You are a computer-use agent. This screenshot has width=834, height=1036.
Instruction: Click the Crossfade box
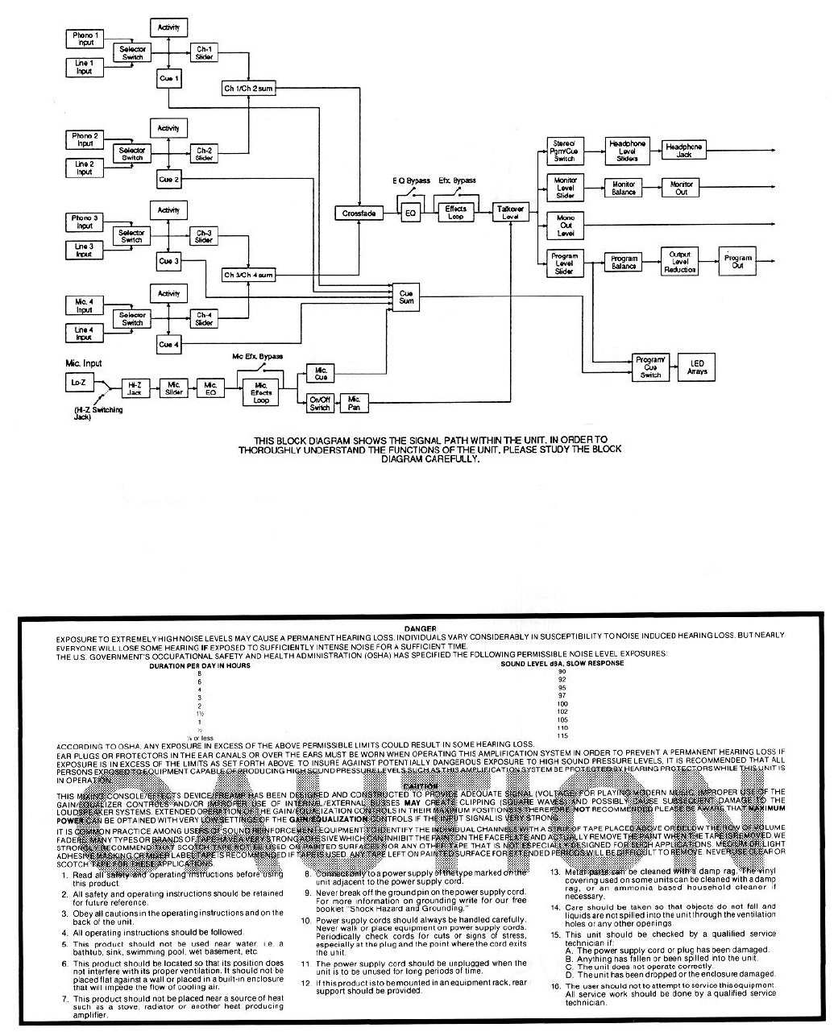point(356,213)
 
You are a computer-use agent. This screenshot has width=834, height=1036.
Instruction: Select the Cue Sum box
point(406,296)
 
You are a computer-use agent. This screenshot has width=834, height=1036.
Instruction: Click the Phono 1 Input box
point(85,39)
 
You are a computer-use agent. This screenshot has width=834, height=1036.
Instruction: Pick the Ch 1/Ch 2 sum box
point(248,88)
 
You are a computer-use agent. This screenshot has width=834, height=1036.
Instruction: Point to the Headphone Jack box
point(684,151)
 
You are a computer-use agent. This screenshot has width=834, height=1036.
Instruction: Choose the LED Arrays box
point(696,367)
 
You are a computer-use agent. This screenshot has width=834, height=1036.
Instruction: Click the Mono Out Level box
point(565,225)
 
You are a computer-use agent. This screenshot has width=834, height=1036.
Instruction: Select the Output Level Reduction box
point(680,261)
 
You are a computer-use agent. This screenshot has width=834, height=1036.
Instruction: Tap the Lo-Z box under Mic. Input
point(77,384)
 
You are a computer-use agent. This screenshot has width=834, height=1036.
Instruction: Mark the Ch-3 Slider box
point(204,235)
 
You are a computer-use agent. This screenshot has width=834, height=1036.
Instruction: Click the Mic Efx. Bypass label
point(257,356)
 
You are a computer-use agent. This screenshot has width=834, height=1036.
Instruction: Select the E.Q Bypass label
point(411,181)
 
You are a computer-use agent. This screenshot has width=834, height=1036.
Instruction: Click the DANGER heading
point(422,628)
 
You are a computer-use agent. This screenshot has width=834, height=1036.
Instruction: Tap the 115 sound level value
point(562,736)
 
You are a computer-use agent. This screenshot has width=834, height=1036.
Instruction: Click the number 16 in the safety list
point(555,986)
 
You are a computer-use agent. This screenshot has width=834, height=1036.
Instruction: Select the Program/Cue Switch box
point(650,367)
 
